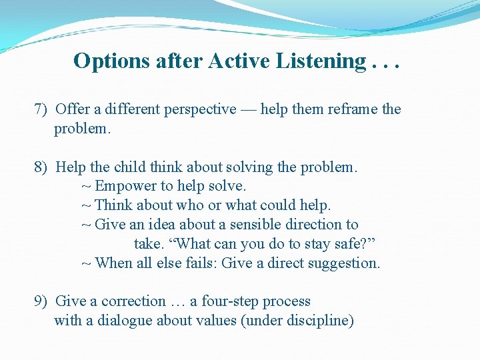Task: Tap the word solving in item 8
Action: [x=250, y=167]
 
